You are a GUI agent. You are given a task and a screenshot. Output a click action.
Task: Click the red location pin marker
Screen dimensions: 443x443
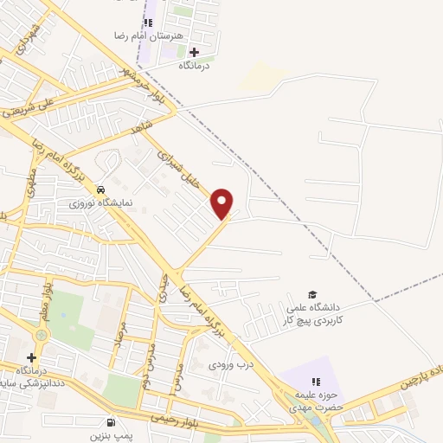pos(223,202)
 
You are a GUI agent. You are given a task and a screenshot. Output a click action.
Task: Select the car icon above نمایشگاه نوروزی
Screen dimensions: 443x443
pos(101,189)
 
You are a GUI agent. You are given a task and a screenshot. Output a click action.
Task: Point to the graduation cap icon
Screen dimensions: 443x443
pos(312,294)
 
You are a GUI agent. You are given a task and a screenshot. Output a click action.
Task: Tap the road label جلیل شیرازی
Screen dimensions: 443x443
pos(184,170)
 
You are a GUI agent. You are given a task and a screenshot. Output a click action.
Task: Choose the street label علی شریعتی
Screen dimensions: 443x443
pos(31,109)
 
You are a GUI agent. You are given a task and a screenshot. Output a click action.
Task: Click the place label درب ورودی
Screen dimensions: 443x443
pos(229,365)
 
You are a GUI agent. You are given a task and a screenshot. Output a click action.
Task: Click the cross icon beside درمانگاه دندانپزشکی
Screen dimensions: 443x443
pos(32,357)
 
